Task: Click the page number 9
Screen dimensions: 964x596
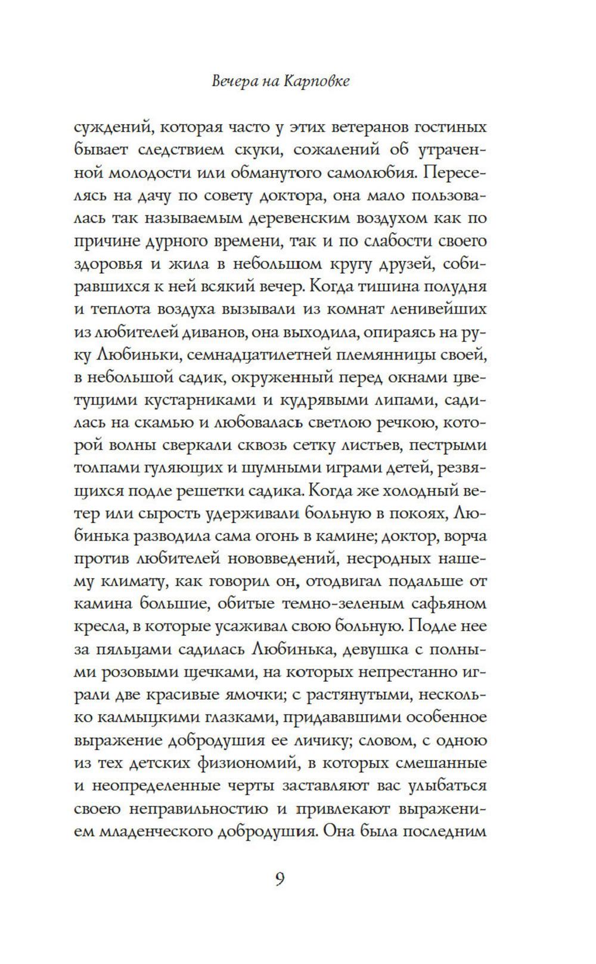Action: point(280,880)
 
